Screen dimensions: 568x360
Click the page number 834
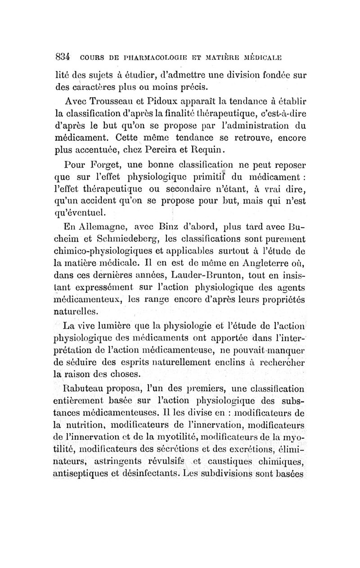(x=62, y=57)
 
